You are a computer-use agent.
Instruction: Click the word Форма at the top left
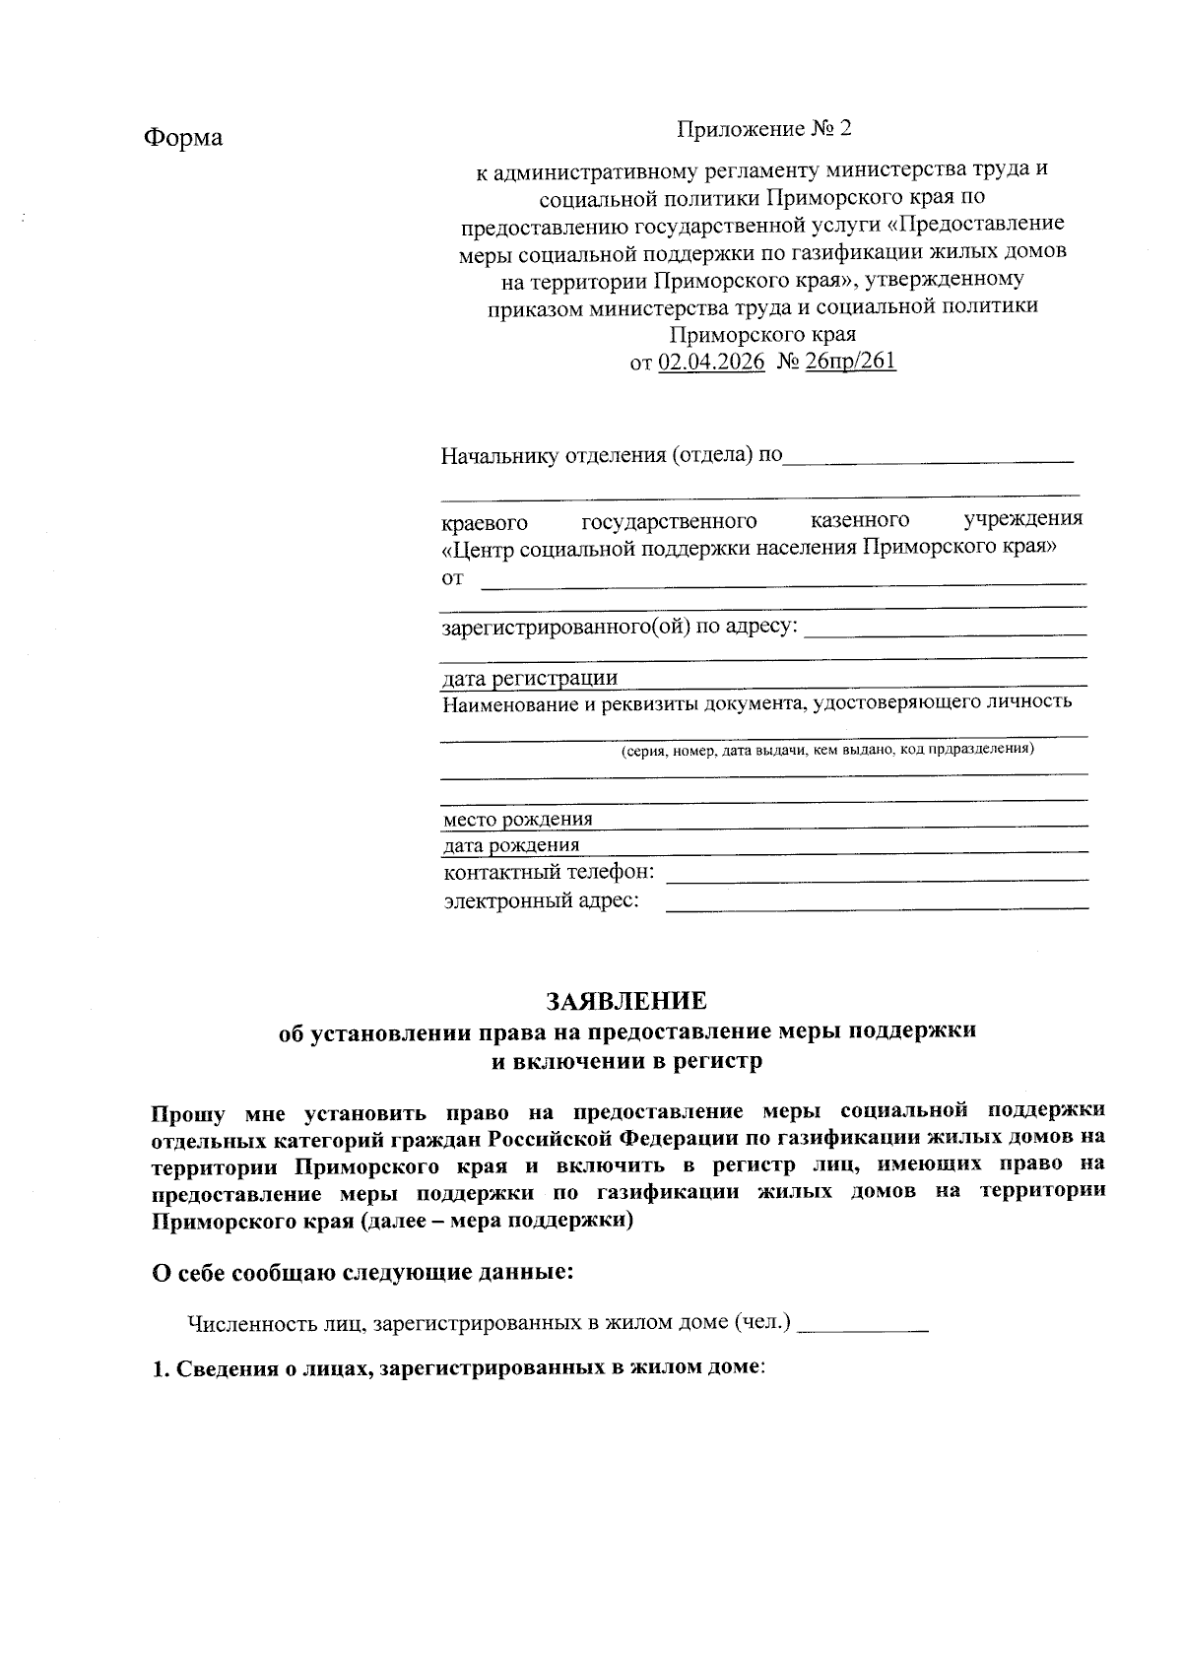click(x=183, y=137)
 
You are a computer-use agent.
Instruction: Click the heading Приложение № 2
click(x=762, y=130)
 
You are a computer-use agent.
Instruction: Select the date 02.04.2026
click(x=711, y=362)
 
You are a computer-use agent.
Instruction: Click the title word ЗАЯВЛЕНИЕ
click(x=627, y=1001)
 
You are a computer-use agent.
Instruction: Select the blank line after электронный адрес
click(x=877, y=904)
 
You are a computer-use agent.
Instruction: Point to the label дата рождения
click(x=511, y=845)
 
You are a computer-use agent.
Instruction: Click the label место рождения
click(x=518, y=820)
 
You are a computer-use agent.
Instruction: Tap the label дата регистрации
click(x=530, y=678)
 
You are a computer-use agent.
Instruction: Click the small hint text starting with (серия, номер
click(x=825, y=750)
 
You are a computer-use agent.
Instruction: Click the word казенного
click(x=859, y=520)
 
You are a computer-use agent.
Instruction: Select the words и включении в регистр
click(x=627, y=1061)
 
